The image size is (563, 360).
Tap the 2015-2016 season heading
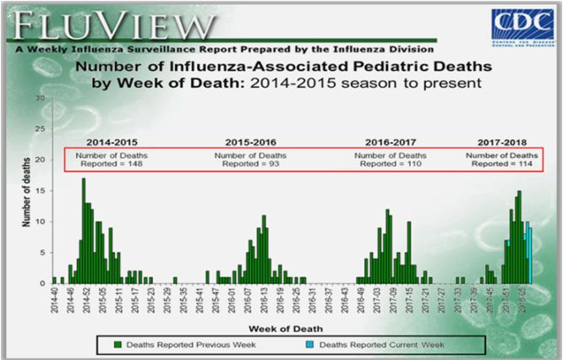250,141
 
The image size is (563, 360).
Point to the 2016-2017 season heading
390,141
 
